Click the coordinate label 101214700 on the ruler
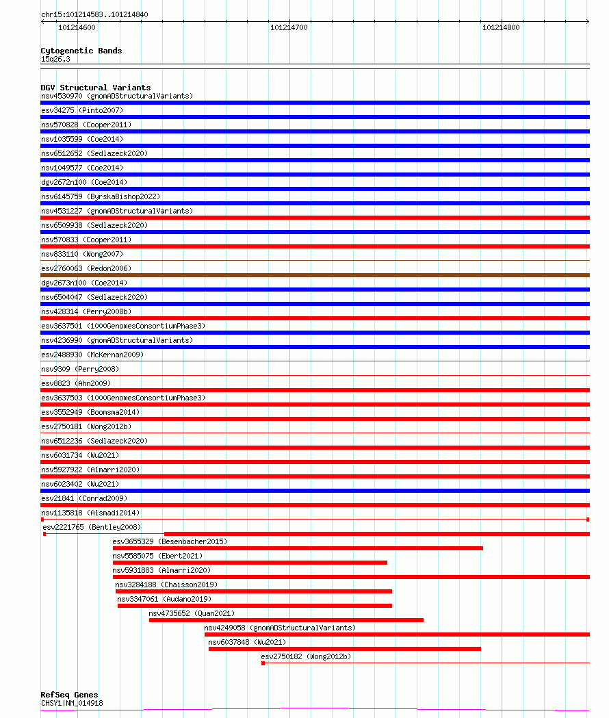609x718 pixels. tap(289, 28)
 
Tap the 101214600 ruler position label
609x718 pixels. tap(77, 28)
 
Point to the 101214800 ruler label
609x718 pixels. tap(501, 28)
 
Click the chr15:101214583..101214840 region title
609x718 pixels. tap(94, 14)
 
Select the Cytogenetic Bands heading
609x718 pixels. tap(81, 51)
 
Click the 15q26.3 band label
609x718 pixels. tap(55, 59)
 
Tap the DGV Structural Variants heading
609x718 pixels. tap(95, 88)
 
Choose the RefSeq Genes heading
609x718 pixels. tap(69, 695)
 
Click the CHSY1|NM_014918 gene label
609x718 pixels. tap(72, 703)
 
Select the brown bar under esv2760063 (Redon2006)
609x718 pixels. tap(315, 275)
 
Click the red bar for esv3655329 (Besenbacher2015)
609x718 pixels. tap(298, 548)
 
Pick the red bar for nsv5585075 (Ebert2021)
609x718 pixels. tap(250, 563)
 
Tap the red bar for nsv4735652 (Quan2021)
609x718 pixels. tap(286, 620)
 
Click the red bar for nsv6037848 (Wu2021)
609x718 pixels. tap(344, 649)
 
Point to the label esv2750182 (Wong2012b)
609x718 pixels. tap(306, 656)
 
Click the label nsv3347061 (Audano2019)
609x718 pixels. tap(164, 599)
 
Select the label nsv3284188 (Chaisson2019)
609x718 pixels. tap(166, 585)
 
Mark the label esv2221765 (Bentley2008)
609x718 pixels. tap(92, 527)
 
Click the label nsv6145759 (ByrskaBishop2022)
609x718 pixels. tap(101, 196)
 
